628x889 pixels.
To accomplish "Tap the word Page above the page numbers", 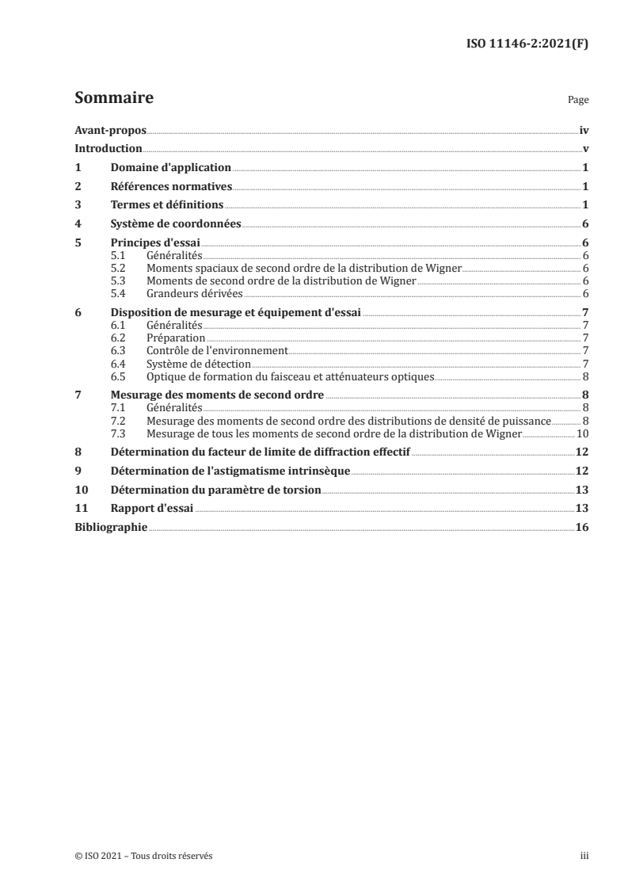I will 578,101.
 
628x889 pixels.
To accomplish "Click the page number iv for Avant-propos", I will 584,129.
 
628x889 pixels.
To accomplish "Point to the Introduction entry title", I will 108,148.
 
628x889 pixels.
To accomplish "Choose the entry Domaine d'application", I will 170,168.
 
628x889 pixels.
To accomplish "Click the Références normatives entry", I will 170,187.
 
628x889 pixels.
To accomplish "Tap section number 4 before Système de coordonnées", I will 78,224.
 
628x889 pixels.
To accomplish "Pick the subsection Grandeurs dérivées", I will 183,294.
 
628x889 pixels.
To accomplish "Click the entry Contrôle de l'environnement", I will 216,350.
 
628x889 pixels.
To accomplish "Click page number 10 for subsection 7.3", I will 581,434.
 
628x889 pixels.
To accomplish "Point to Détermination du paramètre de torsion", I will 215,490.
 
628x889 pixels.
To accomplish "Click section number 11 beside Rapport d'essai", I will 80,509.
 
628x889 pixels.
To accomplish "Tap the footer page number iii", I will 584,856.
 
